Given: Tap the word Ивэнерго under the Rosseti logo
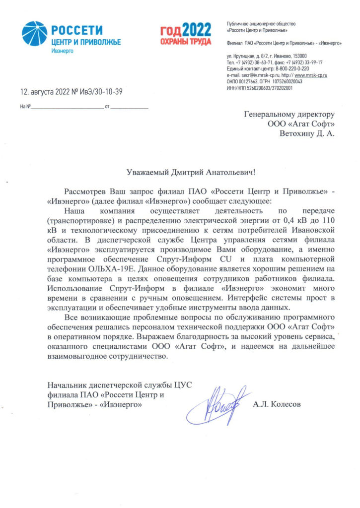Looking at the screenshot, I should [63, 51].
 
